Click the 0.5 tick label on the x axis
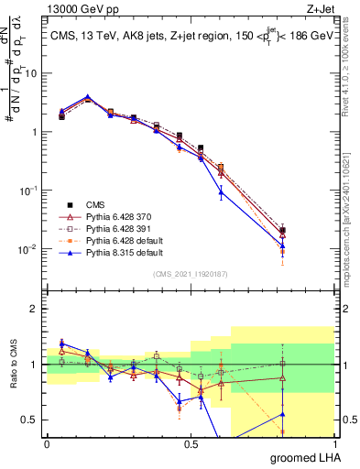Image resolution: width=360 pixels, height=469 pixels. point(191,444)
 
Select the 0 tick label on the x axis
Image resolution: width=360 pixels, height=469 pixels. point(47,444)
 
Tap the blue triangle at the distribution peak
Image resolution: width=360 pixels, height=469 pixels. point(87,96)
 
